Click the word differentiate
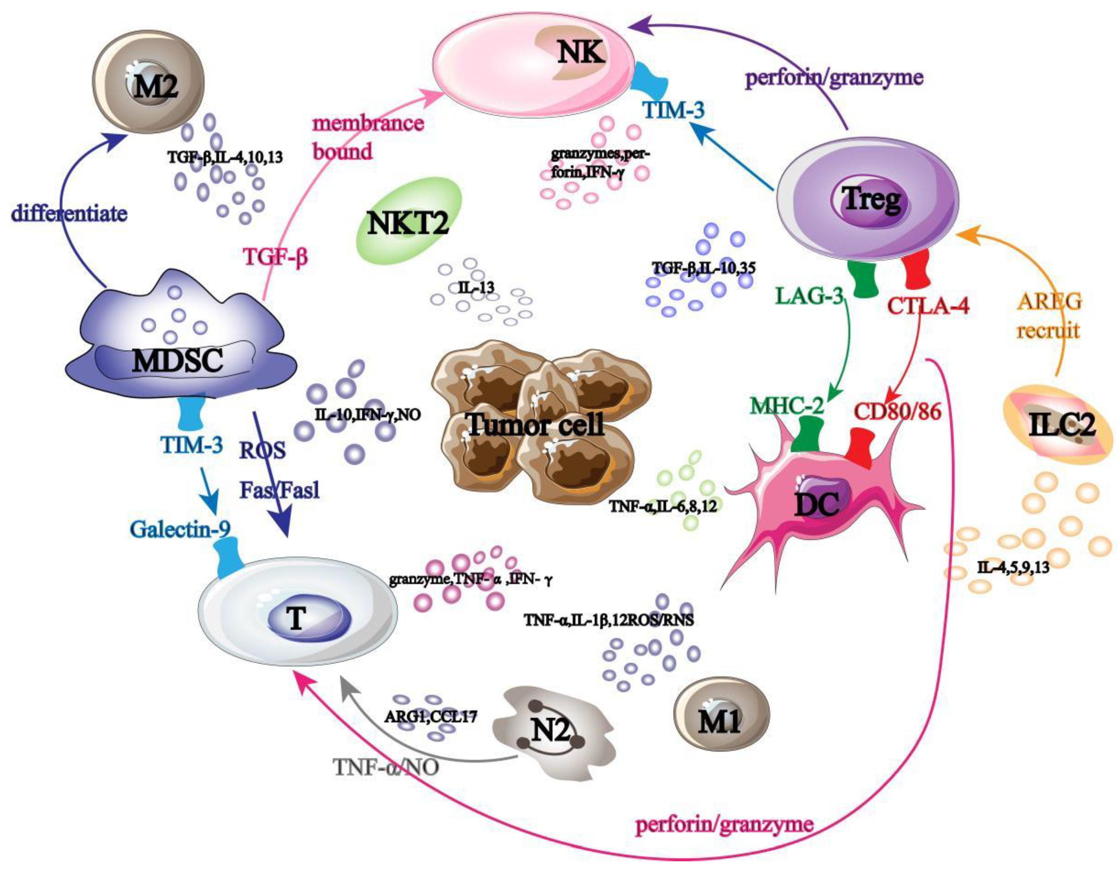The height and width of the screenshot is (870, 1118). tap(70, 213)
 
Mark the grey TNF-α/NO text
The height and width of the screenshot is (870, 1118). tap(386, 768)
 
